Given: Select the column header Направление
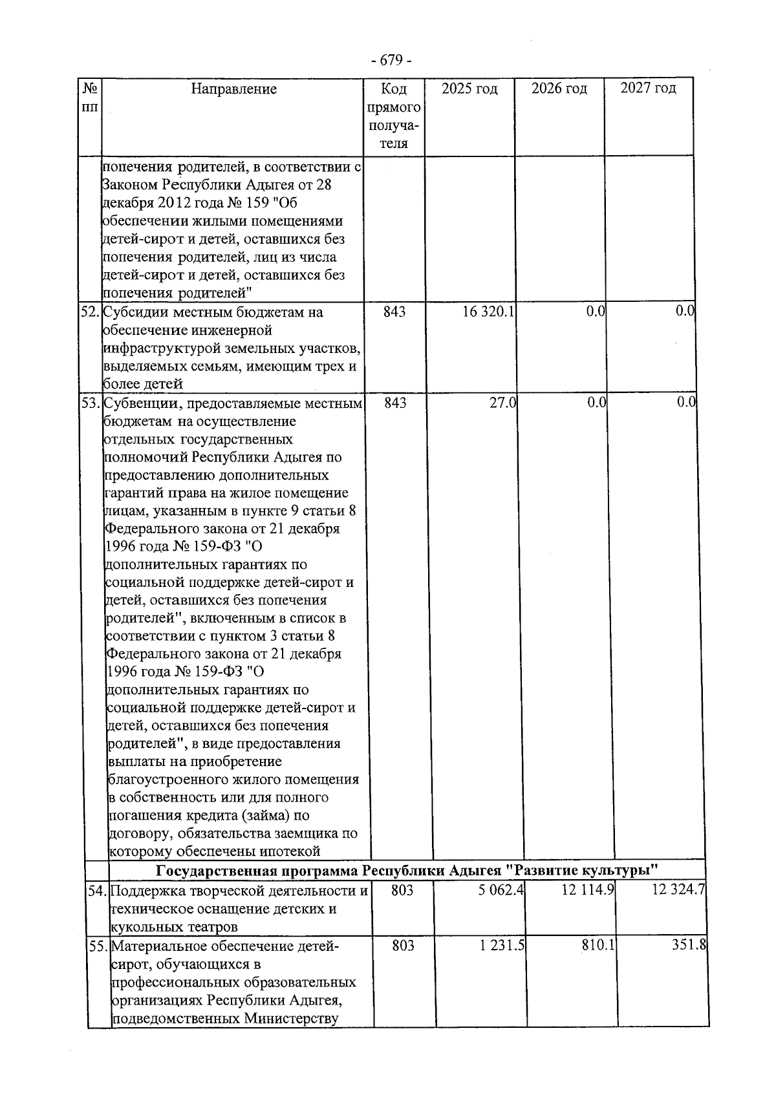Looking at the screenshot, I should [233, 89].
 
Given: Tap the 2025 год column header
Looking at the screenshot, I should [469, 89].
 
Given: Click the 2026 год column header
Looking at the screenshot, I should [559, 89].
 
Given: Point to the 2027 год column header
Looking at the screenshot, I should [648, 89].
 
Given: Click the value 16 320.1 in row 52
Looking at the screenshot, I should [489, 312].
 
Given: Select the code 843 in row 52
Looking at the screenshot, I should [394, 312].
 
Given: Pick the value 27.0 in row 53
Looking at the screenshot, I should [502, 403].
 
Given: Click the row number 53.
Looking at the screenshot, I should [90, 403].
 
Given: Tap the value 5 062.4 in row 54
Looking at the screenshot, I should [501, 891].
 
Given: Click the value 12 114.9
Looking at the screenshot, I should [588, 891].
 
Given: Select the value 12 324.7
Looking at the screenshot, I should [678, 891].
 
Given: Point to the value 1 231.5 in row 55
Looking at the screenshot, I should [502, 946].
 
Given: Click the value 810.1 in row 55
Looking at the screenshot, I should [598, 946].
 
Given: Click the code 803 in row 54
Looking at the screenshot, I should [403, 891].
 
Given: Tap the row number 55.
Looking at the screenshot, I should [98, 946].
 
